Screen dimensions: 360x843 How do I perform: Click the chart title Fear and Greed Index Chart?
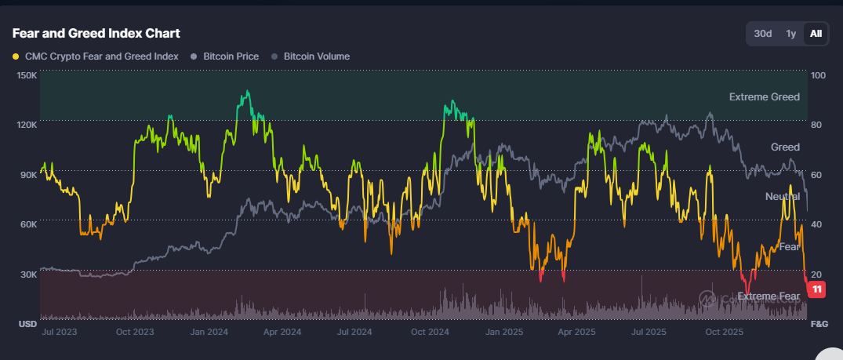coord(96,33)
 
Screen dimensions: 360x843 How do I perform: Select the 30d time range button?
coord(763,34)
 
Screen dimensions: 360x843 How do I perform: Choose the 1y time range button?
coord(791,34)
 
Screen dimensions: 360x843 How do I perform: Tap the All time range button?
coord(816,34)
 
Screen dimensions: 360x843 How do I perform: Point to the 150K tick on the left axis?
coord(27,75)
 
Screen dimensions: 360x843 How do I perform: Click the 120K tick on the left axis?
coord(27,125)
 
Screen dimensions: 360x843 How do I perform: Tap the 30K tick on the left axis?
coord(28,274)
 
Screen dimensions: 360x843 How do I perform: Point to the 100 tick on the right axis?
coord(818,75)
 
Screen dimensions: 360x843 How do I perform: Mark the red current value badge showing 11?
coord(818,289)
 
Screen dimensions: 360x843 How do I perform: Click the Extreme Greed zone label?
coord(764,97)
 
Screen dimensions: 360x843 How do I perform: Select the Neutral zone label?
coord(783,197)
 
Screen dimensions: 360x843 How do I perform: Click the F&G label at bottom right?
coord(819,324)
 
